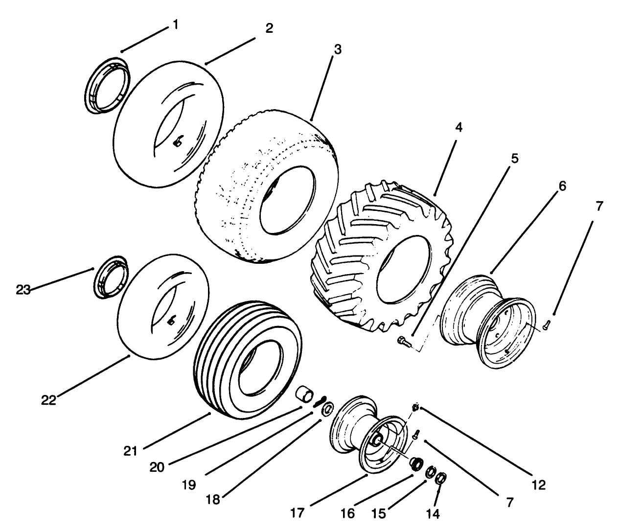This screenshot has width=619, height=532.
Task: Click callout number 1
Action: coord(174,24)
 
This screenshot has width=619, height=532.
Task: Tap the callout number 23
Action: coord(23,290)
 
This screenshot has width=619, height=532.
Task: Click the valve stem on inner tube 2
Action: coord(177,141)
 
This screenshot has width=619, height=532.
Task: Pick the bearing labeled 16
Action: coord(417,463)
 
